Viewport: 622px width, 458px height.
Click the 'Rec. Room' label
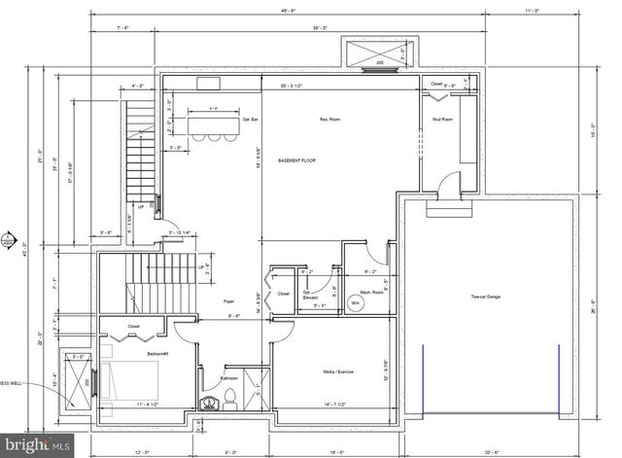[329, 120]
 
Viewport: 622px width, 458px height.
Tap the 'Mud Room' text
[442, 120]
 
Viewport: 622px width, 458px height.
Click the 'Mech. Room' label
[370, 291]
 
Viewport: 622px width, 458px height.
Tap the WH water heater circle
[356, 303]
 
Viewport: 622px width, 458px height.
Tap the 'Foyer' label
[229, 301]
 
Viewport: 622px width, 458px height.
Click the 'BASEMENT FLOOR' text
[296, 159]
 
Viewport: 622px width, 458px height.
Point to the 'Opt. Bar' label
[250, 120]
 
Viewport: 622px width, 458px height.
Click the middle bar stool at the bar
[212, 137]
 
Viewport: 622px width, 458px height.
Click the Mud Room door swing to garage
[445, 185]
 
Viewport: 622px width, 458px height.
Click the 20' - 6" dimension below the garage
[493, 452]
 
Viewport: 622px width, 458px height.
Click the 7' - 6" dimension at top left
[122, 29]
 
